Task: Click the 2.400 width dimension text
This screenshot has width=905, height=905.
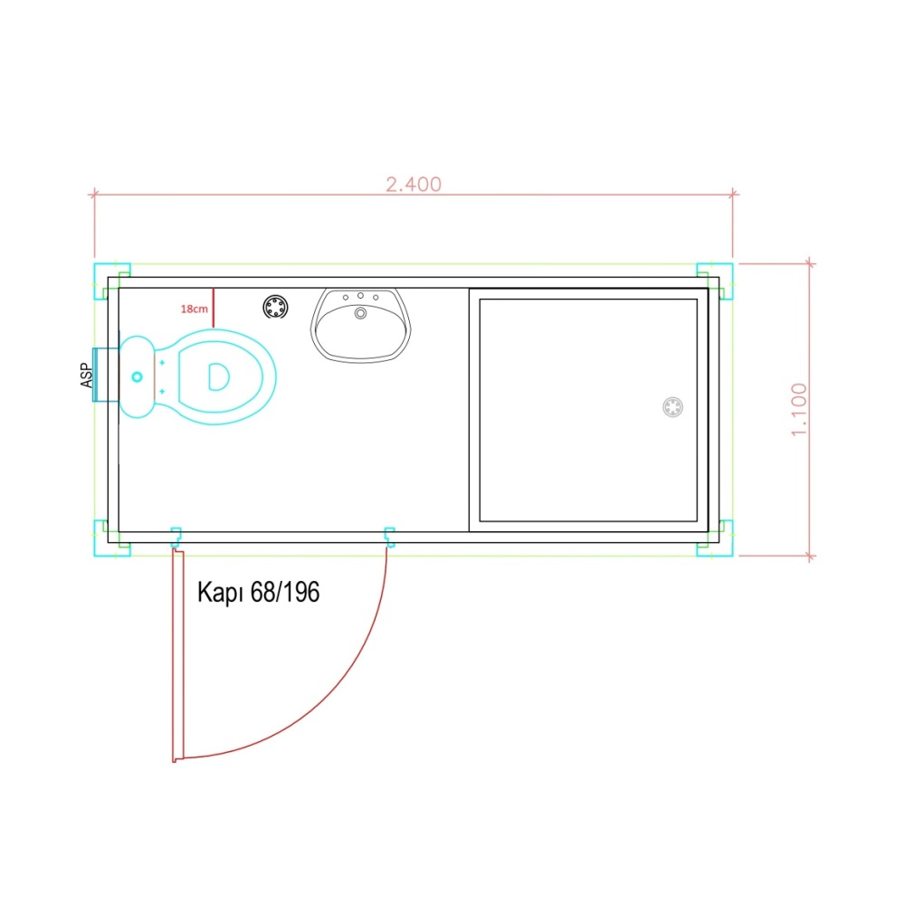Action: [x=414, y=185]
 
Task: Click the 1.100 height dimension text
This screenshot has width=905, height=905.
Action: [x=799, y=409]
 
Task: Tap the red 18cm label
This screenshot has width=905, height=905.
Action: [x=194, y=310]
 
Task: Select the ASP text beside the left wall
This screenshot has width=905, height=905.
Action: [x=86, y=376]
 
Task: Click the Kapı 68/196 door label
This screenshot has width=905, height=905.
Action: [x=258, y=593]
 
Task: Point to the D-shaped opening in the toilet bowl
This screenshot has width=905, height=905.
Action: [x=218, y=376]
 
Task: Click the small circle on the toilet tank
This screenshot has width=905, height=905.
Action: [x=137, y=376]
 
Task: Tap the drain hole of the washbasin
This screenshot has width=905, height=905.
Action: [x=360, y=313]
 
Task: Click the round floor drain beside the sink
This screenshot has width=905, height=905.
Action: [x=275, y=307]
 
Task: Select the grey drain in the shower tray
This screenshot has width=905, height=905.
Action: [x=672, y=407]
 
